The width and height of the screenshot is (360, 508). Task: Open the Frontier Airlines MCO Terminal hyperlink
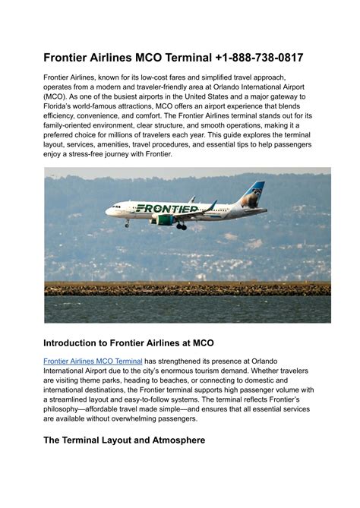click(93, 361)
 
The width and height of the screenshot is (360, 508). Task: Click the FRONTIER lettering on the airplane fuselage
click(166, 208)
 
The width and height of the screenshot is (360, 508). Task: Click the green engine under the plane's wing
click(163, 220)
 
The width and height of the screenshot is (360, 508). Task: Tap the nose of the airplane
click(108, 211)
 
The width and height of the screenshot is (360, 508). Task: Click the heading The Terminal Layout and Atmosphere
click(124, 440)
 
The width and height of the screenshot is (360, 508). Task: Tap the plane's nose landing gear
click(127, 224)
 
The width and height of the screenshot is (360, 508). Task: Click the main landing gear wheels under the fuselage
click(182, 226)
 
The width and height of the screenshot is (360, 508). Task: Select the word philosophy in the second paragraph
click(70, 409)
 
